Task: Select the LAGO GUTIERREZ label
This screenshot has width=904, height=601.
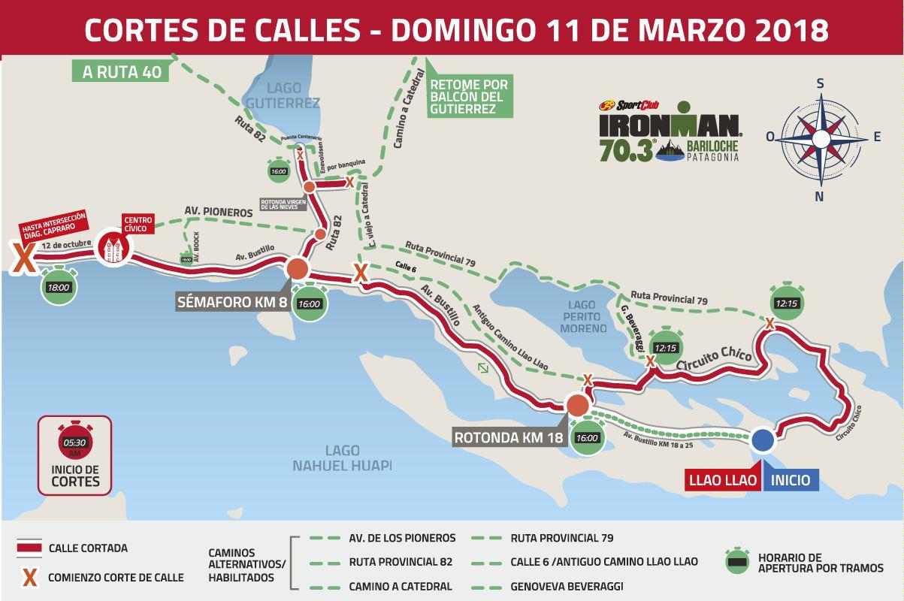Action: [283, 95]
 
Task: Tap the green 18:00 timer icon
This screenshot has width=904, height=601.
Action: [58, 286]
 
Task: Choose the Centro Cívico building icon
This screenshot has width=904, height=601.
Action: [113, 249]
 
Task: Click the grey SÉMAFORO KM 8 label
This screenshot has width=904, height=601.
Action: [229, 303]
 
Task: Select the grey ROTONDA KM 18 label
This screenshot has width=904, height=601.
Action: [509, 436]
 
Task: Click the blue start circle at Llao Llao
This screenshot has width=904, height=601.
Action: [762, 440]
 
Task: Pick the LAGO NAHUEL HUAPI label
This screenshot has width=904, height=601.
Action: [342, 458]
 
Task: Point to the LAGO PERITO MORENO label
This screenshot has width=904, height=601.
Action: [582, 316]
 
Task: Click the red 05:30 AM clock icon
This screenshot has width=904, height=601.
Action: [74, 442]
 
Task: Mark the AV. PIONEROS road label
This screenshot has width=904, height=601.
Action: [219, 213]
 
